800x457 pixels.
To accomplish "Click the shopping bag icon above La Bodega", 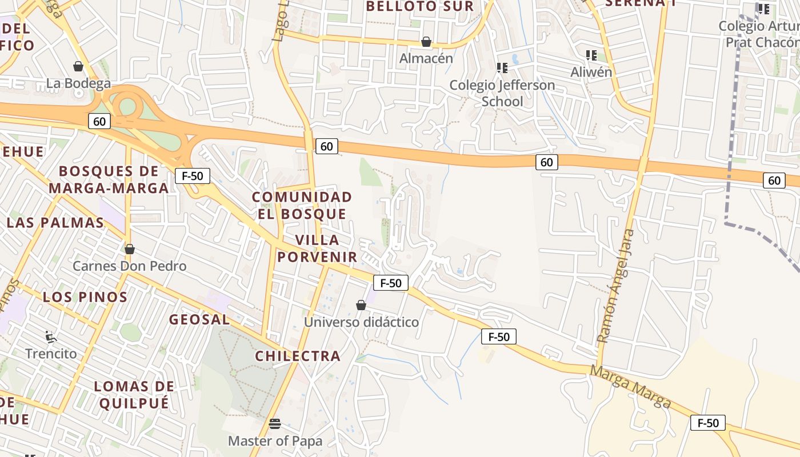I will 78,66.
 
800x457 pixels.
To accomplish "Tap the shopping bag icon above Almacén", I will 426,42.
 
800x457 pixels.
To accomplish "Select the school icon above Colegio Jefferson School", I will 502,68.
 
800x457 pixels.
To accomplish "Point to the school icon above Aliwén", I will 591,55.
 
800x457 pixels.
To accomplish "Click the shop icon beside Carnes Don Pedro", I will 130,249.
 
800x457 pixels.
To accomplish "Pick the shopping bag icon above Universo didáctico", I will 361,305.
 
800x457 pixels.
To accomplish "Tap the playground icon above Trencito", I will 51,336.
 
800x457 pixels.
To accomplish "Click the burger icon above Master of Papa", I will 275,423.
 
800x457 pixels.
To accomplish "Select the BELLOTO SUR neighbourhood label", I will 420,6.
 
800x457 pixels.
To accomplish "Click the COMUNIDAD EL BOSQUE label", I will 302,206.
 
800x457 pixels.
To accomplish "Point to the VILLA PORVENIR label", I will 317,248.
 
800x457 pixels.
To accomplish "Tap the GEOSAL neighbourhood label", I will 199,319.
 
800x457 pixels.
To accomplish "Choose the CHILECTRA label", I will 298,356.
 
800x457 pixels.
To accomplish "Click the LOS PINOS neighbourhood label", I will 85,297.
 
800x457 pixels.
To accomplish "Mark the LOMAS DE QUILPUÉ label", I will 134,395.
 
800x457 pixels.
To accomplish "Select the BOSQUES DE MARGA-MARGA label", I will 109,179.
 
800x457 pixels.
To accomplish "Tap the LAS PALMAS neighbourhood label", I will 55,223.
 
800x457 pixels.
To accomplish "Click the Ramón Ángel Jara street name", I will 615,286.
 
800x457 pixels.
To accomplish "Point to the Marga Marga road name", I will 631,387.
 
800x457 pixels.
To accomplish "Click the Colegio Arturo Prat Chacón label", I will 759,34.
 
